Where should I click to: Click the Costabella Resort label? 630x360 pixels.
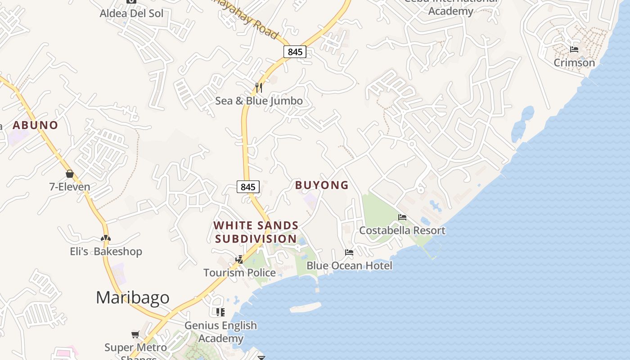click(402, 230)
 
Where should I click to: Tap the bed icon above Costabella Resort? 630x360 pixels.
click(402, 217)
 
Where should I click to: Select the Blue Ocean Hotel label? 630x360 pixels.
click(349, 266)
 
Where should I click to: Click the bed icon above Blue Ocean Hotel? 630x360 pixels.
click(349, 252)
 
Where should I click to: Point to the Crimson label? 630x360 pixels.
click(574, 63)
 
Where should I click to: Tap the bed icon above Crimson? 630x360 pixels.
click(574, 49)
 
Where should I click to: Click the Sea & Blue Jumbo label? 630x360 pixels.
click(259, 100)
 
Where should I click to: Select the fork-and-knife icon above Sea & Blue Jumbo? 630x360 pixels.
click(259, 87)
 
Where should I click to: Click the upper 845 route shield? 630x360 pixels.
click(295, 52)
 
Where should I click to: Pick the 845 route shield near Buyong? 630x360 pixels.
click(248, 187)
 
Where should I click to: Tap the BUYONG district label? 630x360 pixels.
click(322, 185)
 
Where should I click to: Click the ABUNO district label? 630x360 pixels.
click(36, 125)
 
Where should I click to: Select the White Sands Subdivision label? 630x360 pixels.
click(256, 232)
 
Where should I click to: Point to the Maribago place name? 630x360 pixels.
click(133, 297)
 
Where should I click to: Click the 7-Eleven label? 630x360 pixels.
click(69, 187)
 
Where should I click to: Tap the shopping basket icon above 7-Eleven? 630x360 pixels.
click(70, 174)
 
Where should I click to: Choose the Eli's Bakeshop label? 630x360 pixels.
click(106, 252)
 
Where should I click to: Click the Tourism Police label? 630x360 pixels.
click(239, 273)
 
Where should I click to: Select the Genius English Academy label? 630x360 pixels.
click(221, 332)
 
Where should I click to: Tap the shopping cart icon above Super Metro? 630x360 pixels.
click(135, 334)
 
